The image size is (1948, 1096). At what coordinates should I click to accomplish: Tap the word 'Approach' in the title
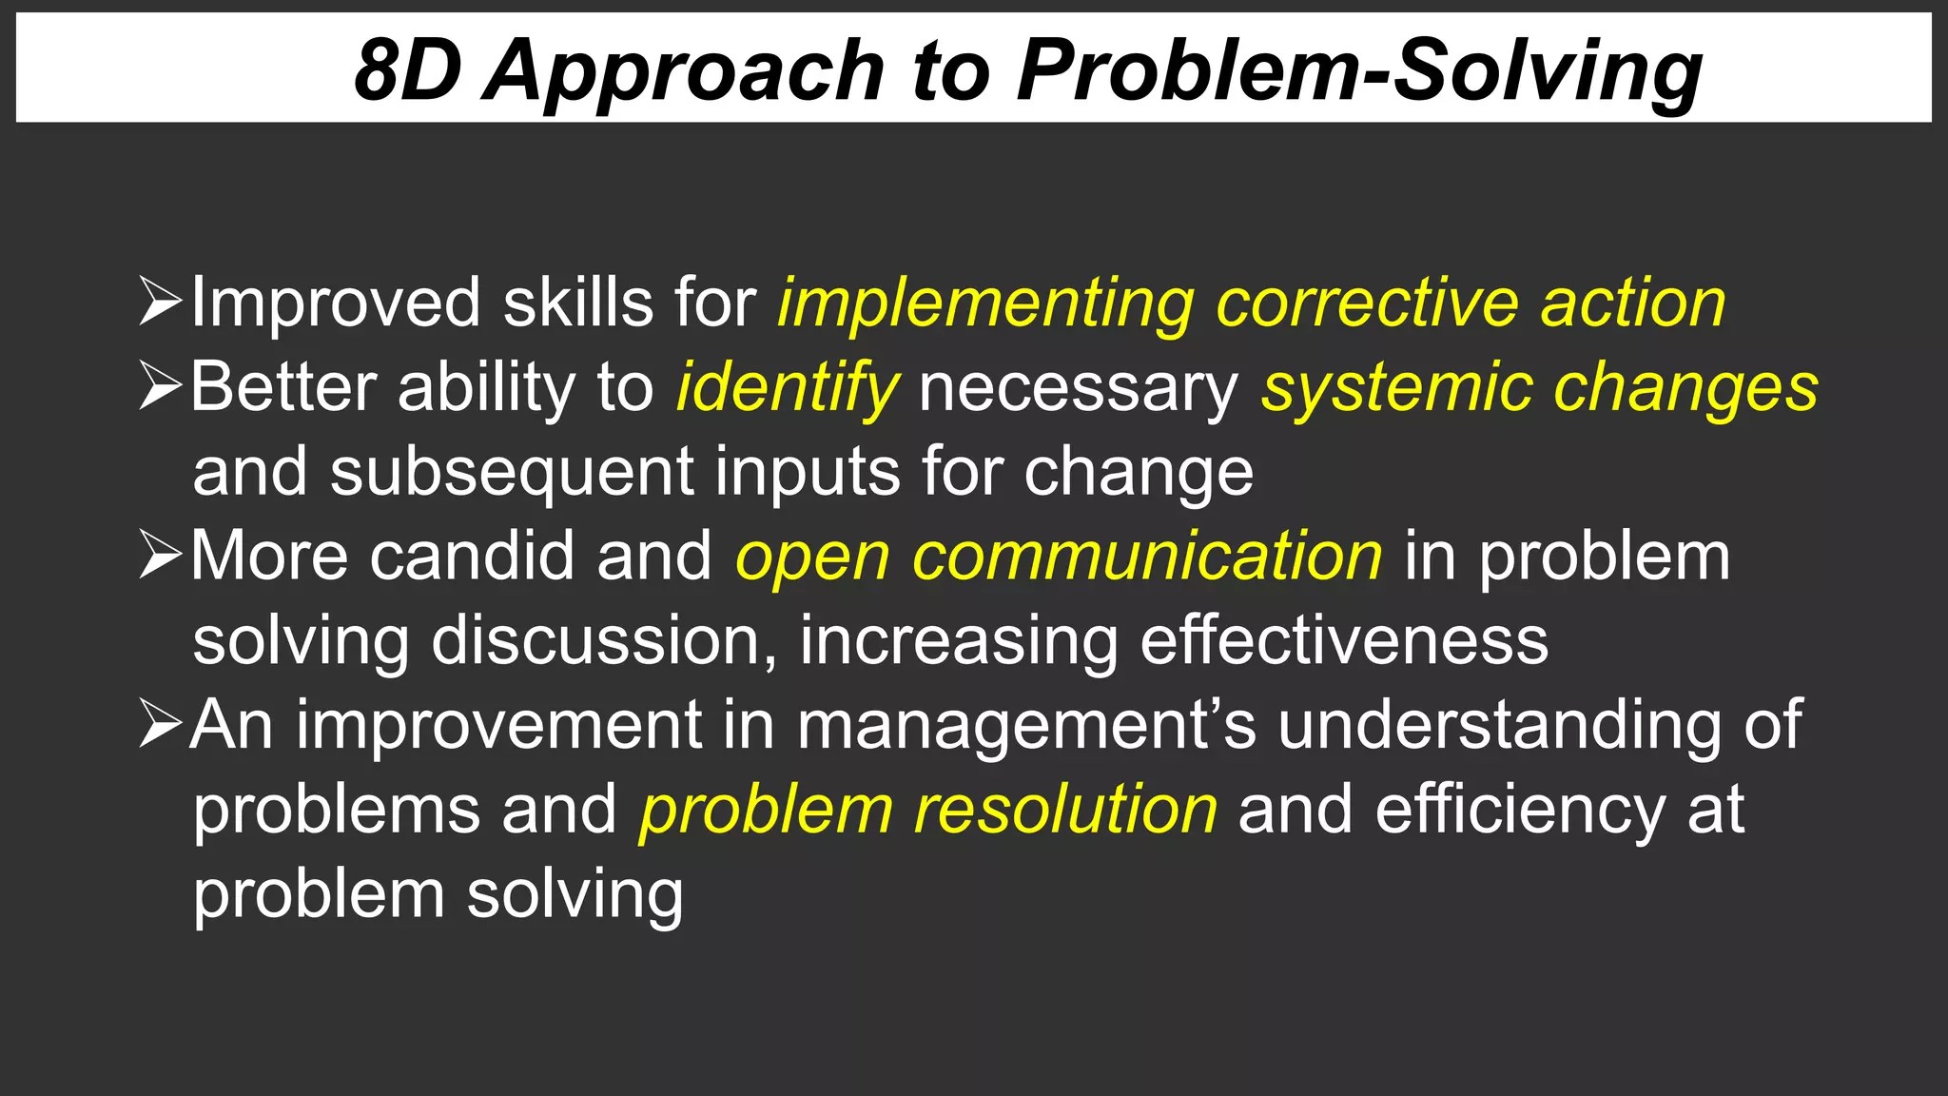click(684, 72)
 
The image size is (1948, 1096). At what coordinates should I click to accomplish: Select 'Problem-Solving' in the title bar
click(1359, 72)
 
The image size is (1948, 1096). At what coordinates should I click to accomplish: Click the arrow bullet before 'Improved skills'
click(159, 302)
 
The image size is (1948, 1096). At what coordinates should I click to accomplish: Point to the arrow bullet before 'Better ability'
click(159, 386)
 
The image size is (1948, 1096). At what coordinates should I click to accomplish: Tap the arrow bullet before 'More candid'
click(159, 555)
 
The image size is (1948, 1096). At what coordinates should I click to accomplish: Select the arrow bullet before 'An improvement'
click(159, 724)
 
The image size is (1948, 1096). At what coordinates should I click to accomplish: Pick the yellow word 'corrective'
click(1367, 303)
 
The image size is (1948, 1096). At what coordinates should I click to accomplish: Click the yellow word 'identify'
click(787, 388)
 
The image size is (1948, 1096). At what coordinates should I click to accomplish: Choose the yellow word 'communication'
click(1146, 556)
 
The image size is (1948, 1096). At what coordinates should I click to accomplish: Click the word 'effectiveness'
click(1343, 640)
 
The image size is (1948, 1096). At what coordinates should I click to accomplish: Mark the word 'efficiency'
click(1519, 811)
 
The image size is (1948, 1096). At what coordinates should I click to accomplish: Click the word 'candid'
click(472, 556)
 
